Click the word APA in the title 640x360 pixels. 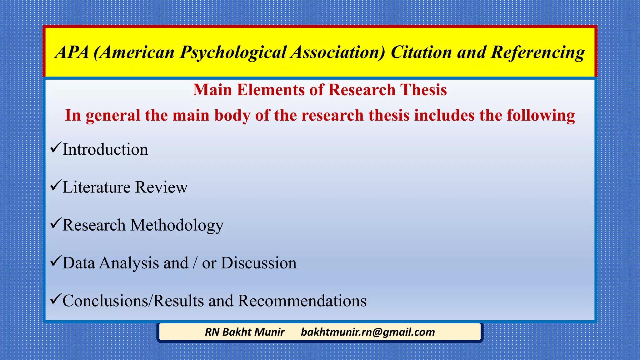point(72,52)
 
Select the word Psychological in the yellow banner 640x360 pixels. point(233,52)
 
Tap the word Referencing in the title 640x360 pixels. point(537,52)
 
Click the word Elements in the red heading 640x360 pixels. point(270,90)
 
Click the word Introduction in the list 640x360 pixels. point(105,149)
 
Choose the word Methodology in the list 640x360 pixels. point(177,225)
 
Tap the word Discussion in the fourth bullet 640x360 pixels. point(258,263)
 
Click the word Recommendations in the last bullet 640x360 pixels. point(302,301)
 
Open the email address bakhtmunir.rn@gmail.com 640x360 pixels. point(368,332)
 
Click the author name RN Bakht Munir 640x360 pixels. point(245,332)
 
